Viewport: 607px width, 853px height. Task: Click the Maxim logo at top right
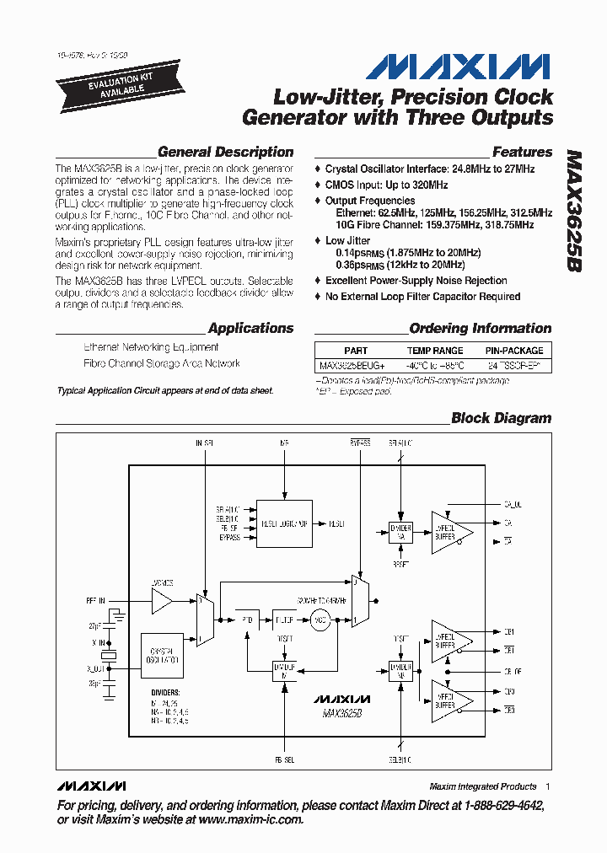pos(459,67)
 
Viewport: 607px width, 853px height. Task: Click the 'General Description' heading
pos(225,153)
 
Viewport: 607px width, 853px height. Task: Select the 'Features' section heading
pos(522,153)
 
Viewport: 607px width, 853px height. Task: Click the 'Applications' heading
pos(250,329)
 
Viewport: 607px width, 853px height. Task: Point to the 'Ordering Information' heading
pos(480,329)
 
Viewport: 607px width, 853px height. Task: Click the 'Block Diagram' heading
pos(501,418)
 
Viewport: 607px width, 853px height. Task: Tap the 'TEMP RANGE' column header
pos(435,351)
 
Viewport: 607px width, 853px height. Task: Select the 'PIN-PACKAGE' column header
pos(514,351)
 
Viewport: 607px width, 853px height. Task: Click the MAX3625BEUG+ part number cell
pos(352,366)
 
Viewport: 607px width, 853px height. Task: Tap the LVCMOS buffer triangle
pos(160,600)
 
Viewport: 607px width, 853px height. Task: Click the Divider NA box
pos(400,528)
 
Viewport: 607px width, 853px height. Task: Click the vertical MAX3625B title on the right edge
pos(573,211)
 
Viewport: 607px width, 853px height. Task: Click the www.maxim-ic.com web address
pos(250,819)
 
